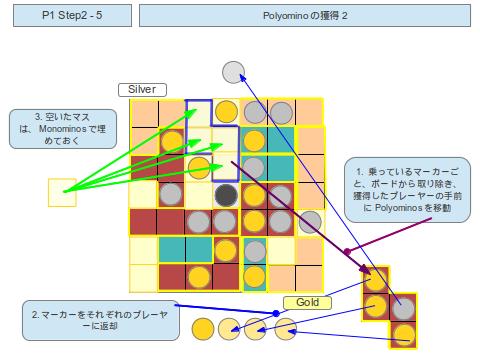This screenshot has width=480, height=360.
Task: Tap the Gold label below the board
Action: [x=306, y=302]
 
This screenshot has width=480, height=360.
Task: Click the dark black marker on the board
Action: [x=226, y=194]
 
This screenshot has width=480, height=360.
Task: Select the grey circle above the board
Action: [x=233, y=72]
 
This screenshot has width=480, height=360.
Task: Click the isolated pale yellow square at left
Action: [x=62, y=191]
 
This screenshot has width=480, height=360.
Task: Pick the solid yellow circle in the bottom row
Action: [x=203, y=326]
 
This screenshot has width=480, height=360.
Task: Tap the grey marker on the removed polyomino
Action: [x=403, y=308]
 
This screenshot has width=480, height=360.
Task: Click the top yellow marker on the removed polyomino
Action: [x=376, y=281]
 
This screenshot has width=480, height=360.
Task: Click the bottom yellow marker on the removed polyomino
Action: [x=403, y=334]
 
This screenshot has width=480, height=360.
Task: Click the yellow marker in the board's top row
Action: [x=226, y=112]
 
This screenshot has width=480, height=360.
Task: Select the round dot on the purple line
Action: [x=346, y=250]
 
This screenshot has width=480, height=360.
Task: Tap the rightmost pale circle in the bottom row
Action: [x=286, y=326]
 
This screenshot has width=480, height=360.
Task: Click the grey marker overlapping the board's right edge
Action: [x=310, y=220]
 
